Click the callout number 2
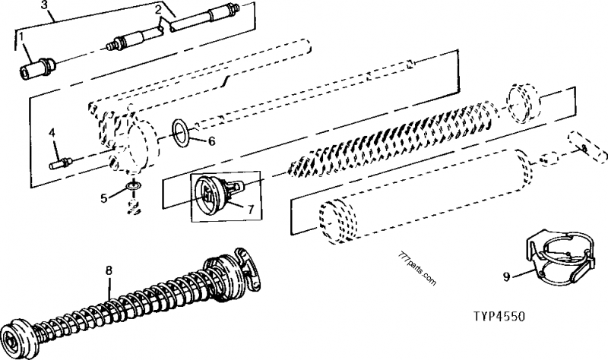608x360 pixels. point(158,10)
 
